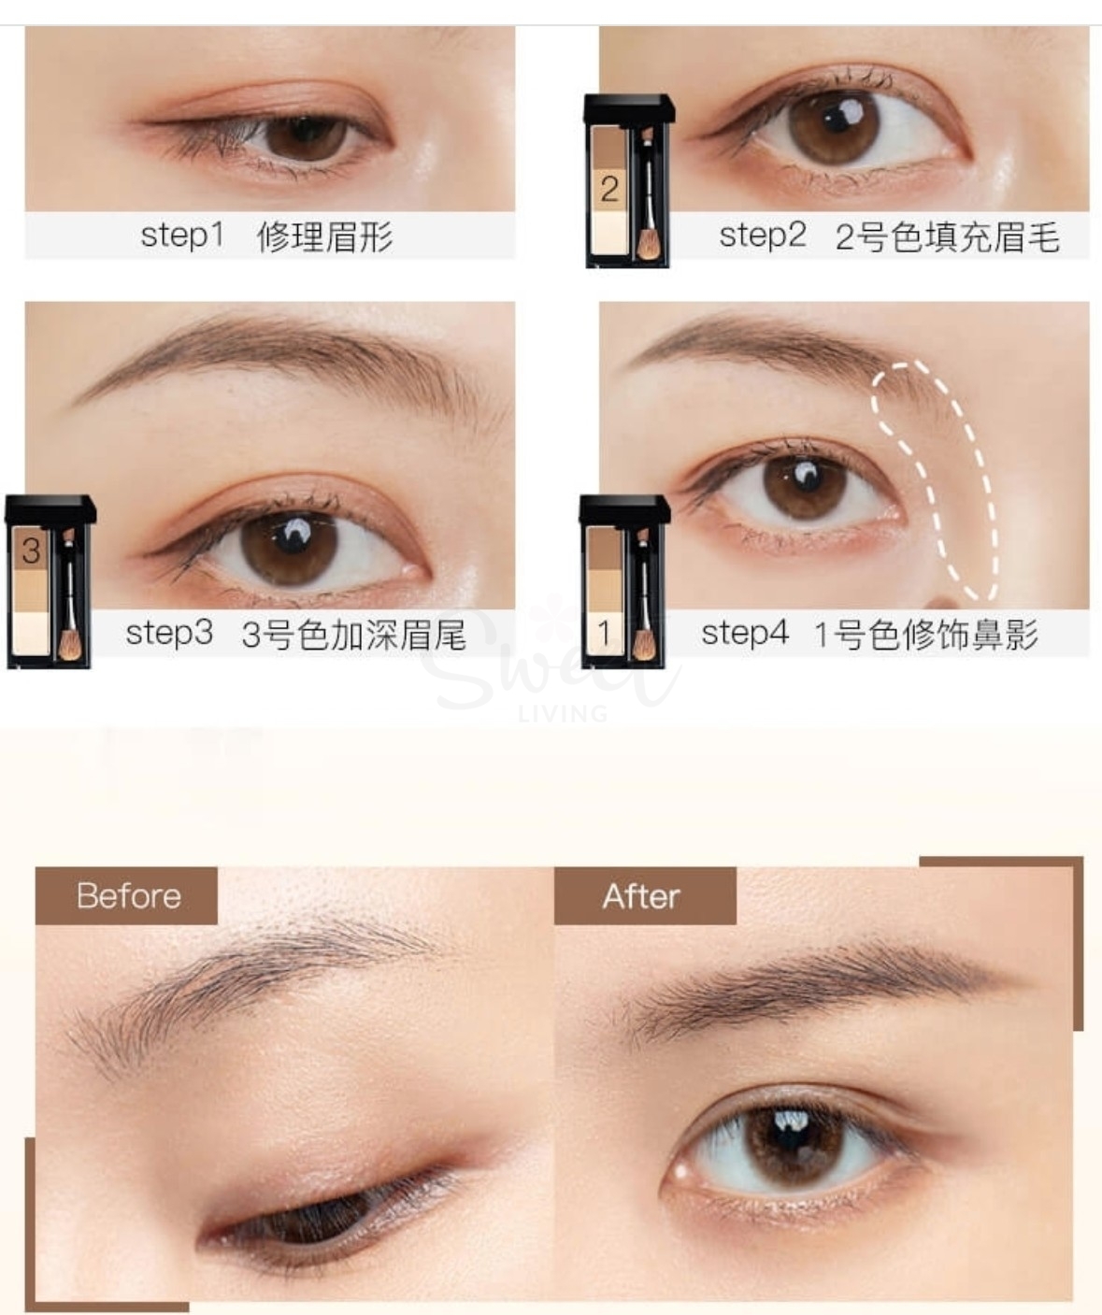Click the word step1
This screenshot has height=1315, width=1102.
click(x=182, y=235)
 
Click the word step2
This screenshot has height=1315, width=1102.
click(x=762, y=235)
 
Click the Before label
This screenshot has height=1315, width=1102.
click(x=128, y=895)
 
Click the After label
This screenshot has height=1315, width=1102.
click(x=641, y=896)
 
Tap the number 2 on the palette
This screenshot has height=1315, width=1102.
click(x=609, y=189)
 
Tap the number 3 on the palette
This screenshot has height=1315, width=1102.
click(x=31, y=550)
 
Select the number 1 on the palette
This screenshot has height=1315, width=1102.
click(x=604, y=634)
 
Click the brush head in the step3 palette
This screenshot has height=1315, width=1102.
click(x=68, y=644)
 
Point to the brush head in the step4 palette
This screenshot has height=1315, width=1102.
click(x=643, y=644)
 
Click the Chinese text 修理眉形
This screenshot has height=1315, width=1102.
click(x=324, y=236)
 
